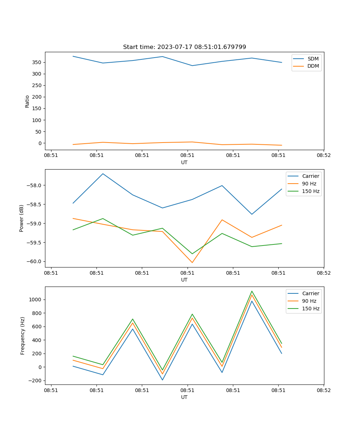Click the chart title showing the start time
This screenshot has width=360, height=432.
tap(184, 47)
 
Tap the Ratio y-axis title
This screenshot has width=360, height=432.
tap(27, 101)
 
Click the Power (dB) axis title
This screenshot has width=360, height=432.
tap(22, 218)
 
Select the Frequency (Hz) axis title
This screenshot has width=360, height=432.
tap(23, 336)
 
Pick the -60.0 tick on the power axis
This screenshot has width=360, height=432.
tap(35, 261)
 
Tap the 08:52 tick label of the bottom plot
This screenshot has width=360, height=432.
tap(324, 390)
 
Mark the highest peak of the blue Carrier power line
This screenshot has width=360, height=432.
tap(103, 174)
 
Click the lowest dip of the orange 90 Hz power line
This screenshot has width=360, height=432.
tap(192, 262)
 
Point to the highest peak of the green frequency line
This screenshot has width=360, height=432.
tap(252, 291)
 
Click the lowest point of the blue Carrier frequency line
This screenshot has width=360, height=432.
tap(162, 380)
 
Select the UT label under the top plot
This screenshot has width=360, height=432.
tap(184, 162)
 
